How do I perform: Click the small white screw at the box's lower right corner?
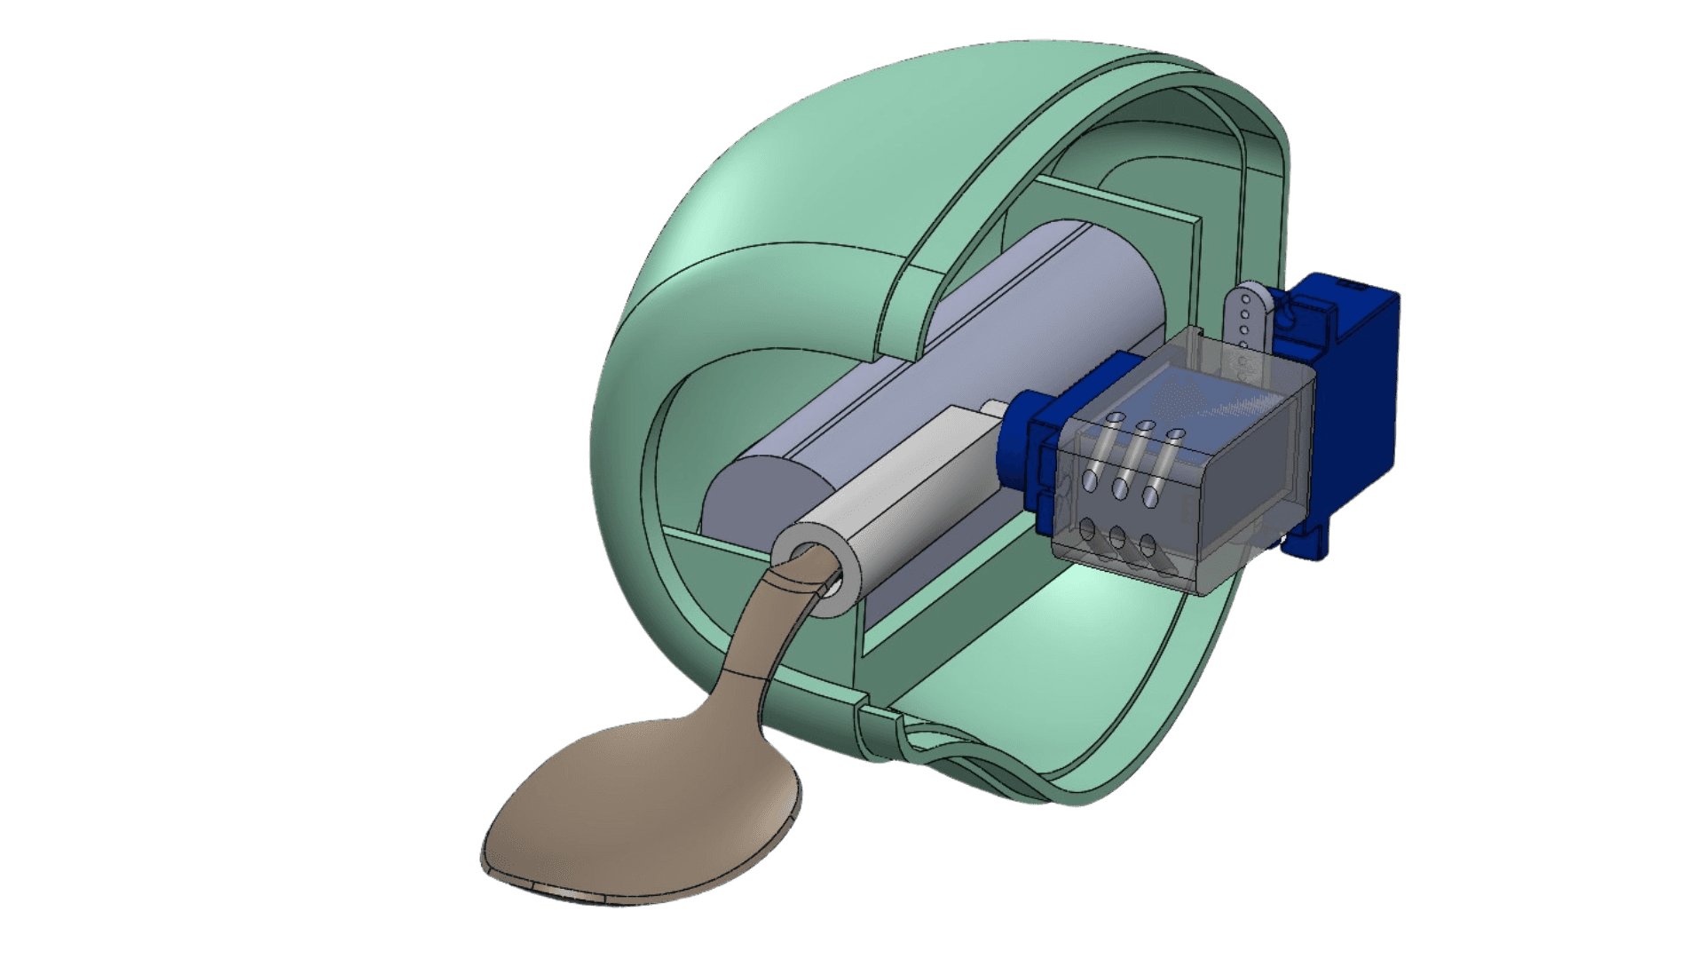click(x=1283, y=538)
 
